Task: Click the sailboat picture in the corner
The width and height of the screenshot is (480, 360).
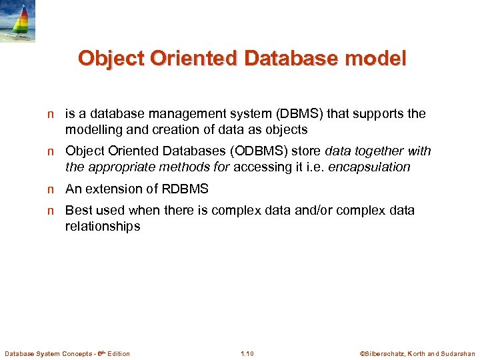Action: (x=17, y=21)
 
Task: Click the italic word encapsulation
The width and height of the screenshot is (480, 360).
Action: (x=371, y=167)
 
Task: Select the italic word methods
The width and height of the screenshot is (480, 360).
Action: (x=185, y=167)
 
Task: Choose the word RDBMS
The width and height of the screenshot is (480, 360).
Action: (x=185, y=189)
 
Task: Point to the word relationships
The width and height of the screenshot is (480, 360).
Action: (x=103, y=227)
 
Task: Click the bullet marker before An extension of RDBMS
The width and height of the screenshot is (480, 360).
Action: (x=50, y=189)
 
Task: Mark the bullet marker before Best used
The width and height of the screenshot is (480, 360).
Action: (x=50, y=211)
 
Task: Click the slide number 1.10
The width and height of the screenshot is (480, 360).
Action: (x=247, y=353)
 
